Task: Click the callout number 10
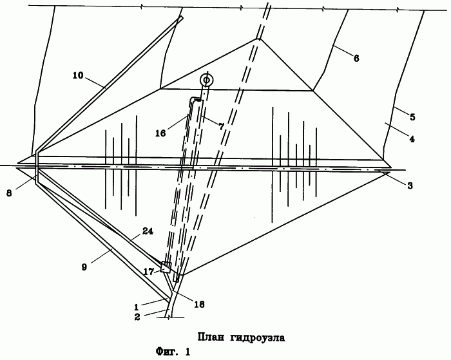tap(78, 75)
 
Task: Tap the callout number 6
tap(356, 59)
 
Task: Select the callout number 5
tap(412, 117)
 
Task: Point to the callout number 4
tap(412, 139)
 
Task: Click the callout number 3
tap(410, 185)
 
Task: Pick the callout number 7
tap(221, 126)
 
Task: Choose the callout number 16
tap(161, 133)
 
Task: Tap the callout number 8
tap(9, 193)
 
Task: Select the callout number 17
tap(149, 271)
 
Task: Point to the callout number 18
tap(199, 304)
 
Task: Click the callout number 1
tap(137, 307)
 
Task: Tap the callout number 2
tap(137, 317)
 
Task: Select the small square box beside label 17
tap(166, 267)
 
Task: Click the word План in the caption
tap(211, 337)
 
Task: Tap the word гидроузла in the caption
tap(258, 338)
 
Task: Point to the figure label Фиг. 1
tap(173, 352)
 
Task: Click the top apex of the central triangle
tap(258, 39)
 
